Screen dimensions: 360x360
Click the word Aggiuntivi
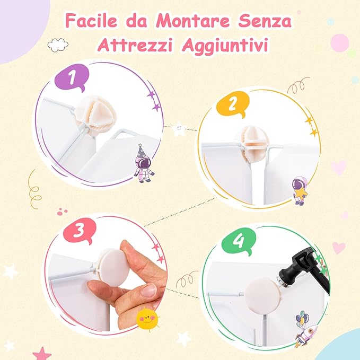(226, 45)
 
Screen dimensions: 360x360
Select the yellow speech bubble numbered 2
(231, 105)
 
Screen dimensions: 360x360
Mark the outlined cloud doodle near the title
(58, 45)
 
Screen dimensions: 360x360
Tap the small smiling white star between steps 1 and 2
(180, 127)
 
